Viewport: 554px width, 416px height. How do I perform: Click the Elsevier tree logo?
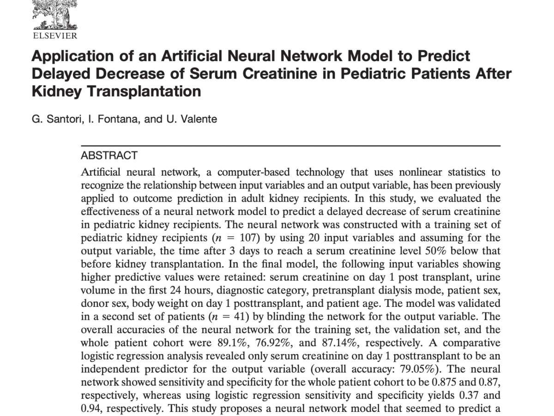54,14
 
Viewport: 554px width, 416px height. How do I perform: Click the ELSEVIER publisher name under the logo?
55,36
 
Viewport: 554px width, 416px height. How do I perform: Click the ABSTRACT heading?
109,156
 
